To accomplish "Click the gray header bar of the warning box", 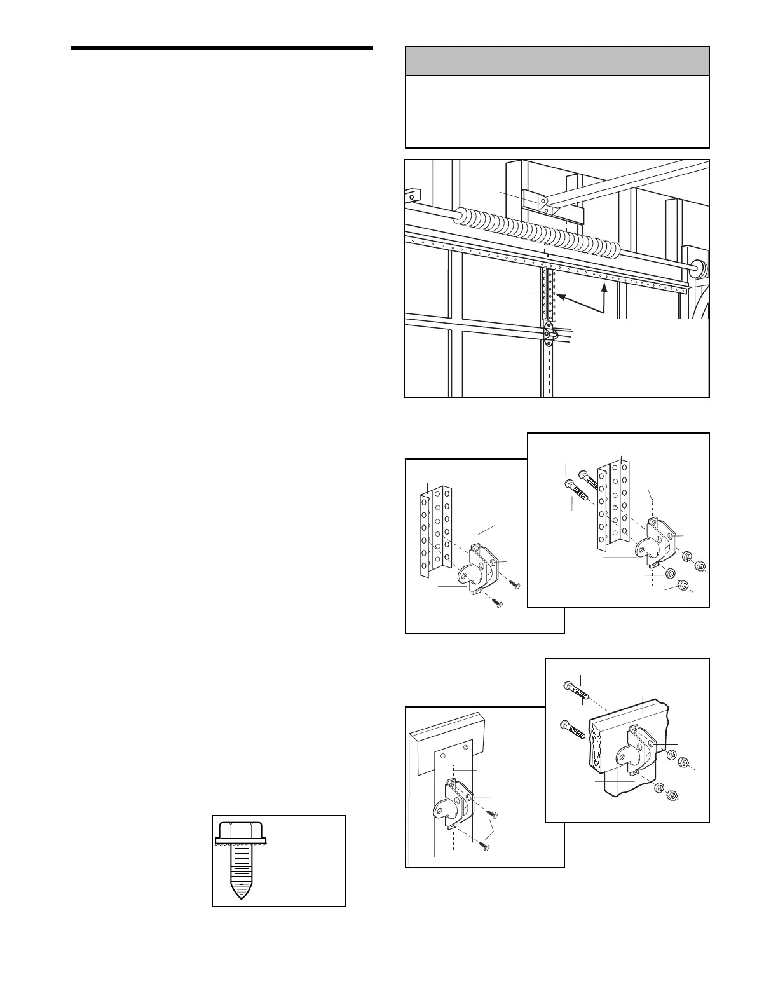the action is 557,61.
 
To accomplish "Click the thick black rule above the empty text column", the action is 221,48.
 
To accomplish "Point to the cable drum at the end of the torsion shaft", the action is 697,269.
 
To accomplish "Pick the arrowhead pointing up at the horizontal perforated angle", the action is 604,287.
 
